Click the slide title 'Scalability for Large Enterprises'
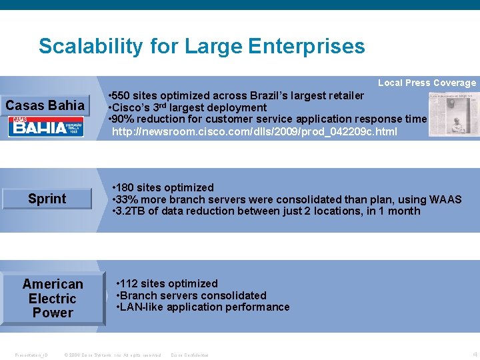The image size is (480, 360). (201, 46)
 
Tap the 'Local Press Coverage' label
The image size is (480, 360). (427, 83)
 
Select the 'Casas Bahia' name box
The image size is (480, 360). (45, 105)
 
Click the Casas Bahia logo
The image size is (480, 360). (46, 127)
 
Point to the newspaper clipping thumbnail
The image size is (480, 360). (454, 114)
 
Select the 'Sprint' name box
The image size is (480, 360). (47, 199)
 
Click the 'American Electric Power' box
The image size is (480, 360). (53, 298)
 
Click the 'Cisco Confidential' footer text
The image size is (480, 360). (190, 355)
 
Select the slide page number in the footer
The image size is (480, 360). (474, 354)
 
